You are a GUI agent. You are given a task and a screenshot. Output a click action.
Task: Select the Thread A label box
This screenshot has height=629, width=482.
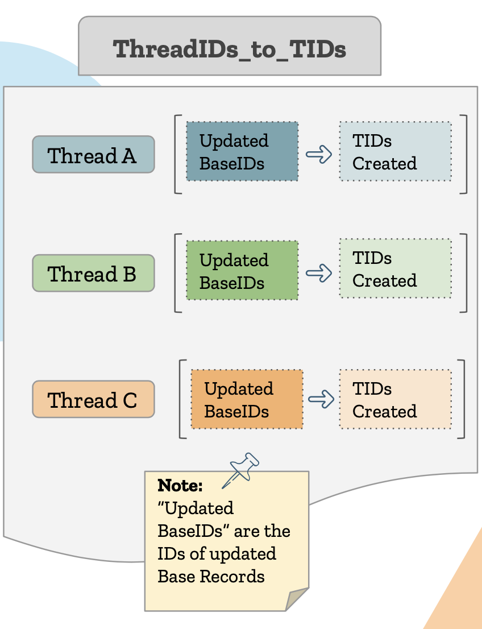click(93, 155)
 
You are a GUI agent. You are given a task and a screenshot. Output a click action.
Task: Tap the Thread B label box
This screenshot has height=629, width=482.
click(93, 274)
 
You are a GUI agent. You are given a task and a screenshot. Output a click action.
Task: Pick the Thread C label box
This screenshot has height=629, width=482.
click(93, 400)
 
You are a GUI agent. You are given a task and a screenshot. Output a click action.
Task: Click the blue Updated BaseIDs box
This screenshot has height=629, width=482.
click(242, 152)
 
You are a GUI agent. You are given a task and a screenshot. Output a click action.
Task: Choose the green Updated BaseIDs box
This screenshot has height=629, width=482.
click(242, 271)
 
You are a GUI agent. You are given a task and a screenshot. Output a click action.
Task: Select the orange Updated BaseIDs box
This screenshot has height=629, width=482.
click(247, 399)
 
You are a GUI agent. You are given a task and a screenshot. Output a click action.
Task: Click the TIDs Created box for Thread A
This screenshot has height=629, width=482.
click(396, 152)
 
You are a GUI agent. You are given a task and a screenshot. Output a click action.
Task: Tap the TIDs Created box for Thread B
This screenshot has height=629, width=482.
click(396, 269)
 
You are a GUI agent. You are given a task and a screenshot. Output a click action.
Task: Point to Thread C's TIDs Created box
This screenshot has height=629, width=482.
click(396, 399)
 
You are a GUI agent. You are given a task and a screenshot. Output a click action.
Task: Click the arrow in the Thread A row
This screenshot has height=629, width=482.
click(319, 154)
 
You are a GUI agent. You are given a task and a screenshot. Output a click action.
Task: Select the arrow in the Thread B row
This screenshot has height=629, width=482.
click(319, 272)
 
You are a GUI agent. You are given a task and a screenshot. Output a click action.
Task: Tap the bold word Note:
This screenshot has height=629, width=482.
click(180, 486)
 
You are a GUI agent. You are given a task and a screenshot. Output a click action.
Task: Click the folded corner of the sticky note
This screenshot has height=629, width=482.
click(297, 598)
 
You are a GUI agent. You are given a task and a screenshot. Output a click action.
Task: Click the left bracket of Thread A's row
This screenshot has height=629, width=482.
click(177, 154)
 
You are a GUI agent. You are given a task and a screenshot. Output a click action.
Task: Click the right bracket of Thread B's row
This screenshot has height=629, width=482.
click(464, 272)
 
